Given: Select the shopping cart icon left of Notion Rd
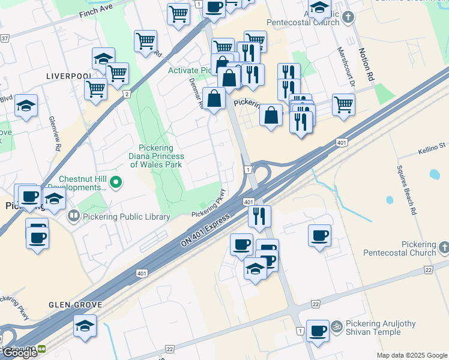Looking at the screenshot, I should pyautogui.click(x=343, y=104).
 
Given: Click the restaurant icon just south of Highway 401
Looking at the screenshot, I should pyautogui.click(x=259, y=216).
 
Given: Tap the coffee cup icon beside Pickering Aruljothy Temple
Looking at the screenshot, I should pyautogui.click(x=318, y=330).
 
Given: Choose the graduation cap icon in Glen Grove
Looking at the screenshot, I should pyautogui.click(x=85, y=326).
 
